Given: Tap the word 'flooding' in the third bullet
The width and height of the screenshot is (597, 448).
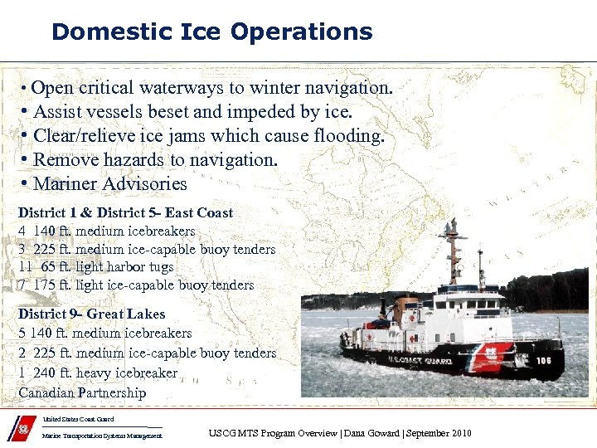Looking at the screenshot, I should click(347, 135).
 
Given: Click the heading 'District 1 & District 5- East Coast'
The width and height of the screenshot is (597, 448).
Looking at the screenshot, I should click(125, 213).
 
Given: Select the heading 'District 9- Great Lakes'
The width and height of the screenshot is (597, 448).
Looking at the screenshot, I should click(91, 314).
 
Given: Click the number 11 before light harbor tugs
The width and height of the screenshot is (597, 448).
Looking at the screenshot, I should click(26, 267).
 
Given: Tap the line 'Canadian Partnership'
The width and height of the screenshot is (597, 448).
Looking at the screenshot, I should click(82, 392).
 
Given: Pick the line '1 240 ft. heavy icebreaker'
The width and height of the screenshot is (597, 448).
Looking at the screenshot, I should click(98, 373).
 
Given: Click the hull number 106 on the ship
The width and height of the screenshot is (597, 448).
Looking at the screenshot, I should click(542, 360).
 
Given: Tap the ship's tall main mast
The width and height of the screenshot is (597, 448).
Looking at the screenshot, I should click(452, 253).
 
